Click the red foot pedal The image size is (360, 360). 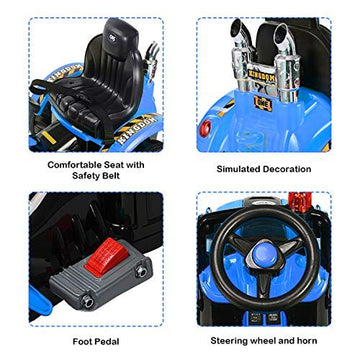click(x=106, y=257)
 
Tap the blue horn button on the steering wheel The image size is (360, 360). click(x=264, y=256)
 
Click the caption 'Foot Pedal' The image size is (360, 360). click(x=96, y=341)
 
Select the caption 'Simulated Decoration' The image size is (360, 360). click(x=264, y=169)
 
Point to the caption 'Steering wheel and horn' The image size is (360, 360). click(x=264, y=340)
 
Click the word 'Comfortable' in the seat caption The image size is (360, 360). click(x=71, y=165)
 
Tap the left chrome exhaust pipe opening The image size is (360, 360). click(x=236, y=26)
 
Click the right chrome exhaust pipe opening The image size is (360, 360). click(x=281, y=31)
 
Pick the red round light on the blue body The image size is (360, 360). click(x=206, y=128)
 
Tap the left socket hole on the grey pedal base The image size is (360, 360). click(x=88, y=302)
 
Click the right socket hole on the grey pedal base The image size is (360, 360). click(x=141, y=272)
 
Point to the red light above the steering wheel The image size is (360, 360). click(x=299, y=202)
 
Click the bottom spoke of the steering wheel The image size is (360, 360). click(x=263, y=283)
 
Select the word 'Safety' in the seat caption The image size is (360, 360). click(x=85, y=176)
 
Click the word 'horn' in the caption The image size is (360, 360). click(x=307, y=340)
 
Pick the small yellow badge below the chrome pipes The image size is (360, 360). click(x=263, y=104)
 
